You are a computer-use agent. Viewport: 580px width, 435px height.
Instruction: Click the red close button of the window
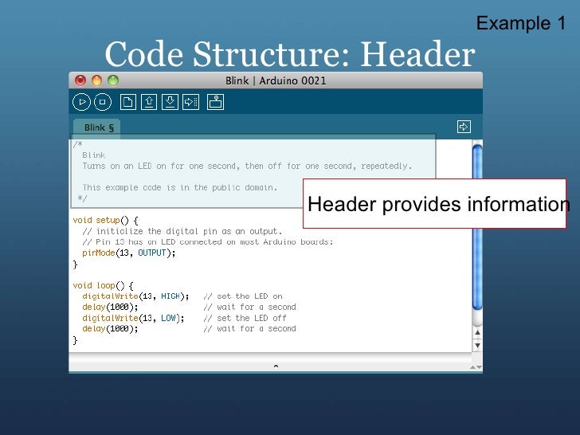80,80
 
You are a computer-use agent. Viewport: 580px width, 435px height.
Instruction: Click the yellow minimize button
96,80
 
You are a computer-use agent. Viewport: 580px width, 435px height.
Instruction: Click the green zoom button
113,80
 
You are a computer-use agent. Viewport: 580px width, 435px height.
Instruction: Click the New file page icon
127,102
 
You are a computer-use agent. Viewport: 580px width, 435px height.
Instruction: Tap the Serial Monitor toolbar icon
216,102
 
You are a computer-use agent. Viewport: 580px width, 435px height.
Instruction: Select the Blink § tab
98,127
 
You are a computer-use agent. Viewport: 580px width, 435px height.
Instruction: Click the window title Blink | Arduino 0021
276,80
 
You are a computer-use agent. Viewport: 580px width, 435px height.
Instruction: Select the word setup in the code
108,220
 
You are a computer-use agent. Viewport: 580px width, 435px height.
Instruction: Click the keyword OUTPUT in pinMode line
153,253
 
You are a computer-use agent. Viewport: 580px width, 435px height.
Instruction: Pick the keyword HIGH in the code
170,296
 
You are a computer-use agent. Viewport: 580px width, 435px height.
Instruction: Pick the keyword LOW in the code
168,318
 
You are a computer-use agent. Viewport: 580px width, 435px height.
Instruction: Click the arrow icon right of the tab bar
464,126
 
